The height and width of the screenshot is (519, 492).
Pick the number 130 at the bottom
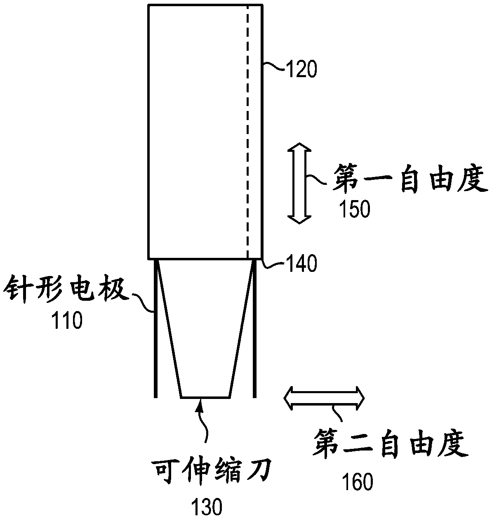[206, 507]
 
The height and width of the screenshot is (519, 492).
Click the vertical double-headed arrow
[299, 184]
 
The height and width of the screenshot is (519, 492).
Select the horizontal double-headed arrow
[324, 397]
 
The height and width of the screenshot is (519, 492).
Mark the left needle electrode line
[155, 330]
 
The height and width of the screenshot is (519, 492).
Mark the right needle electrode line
[254, 330]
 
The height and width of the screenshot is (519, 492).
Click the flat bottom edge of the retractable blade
[205, 397]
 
